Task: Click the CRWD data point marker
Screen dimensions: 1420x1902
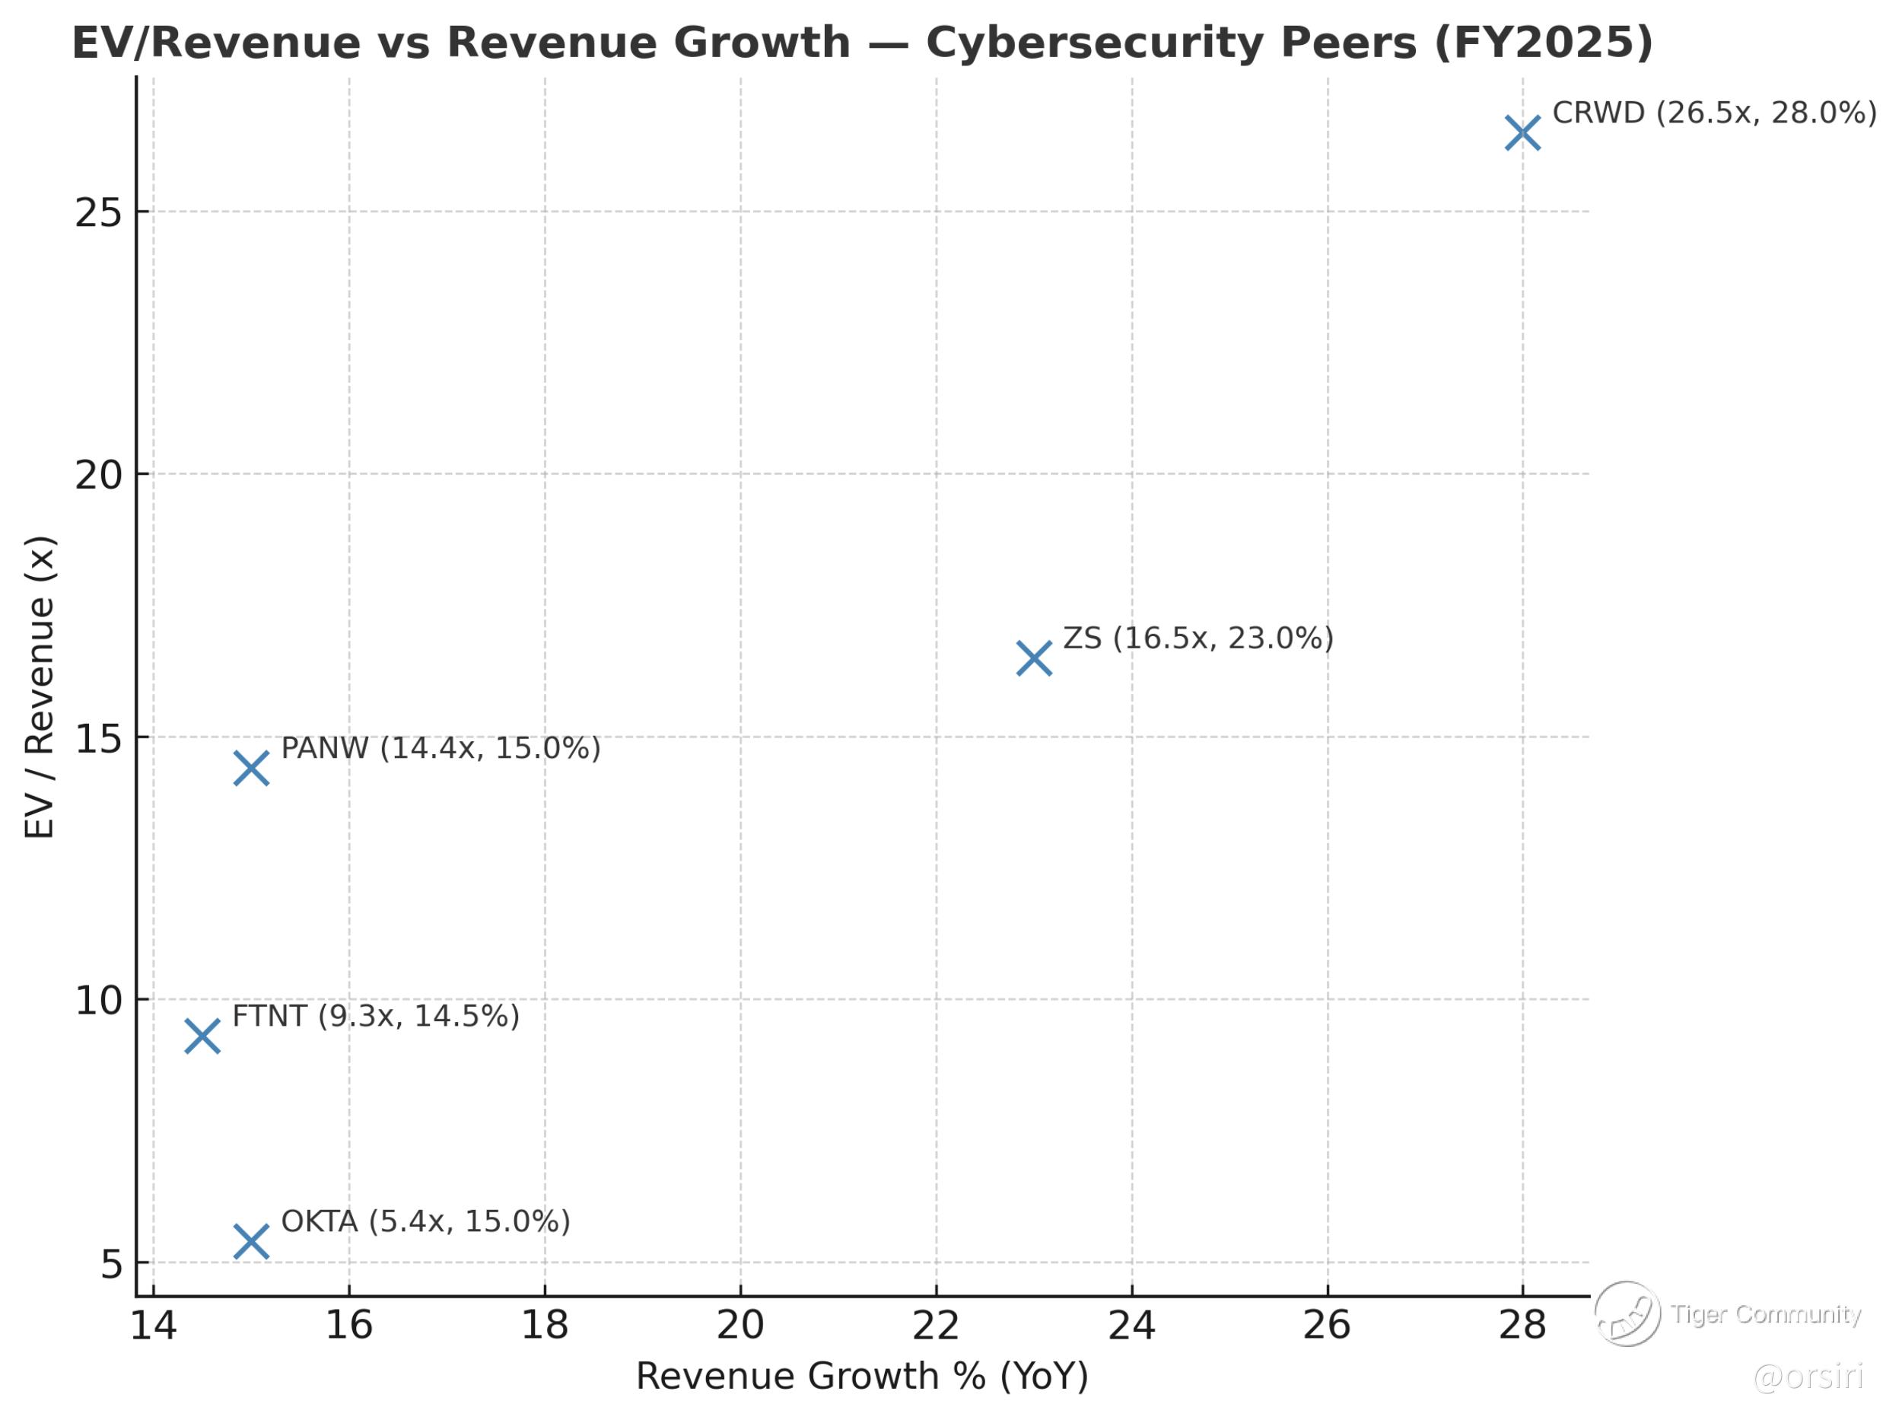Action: (1522, 133)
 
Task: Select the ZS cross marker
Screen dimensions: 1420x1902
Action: (1034, 658)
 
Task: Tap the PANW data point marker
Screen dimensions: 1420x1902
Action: (251, 768)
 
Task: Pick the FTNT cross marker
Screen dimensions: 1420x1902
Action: (202, 1036)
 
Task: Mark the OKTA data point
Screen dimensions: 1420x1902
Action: (251, 1241)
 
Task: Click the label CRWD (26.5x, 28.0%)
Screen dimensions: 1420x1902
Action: (1714, 113)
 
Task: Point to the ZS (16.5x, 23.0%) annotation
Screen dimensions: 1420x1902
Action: (1198, 638)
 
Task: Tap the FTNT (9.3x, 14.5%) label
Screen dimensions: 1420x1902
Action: (376, 1016)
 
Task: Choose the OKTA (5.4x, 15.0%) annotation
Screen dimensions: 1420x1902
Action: (425, 1221)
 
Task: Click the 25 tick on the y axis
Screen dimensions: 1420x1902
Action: (99, 212)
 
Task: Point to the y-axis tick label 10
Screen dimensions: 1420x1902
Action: (99, 1001)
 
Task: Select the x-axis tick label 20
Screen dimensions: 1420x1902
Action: (740, 1326)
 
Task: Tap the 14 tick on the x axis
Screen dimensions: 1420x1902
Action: (153, 1326)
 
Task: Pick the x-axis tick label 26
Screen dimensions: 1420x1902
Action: (1327, 1326)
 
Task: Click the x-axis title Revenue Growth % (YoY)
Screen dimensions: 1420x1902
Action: (862, 1376)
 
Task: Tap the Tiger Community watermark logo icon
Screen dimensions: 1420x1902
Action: (1627, 1313)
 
